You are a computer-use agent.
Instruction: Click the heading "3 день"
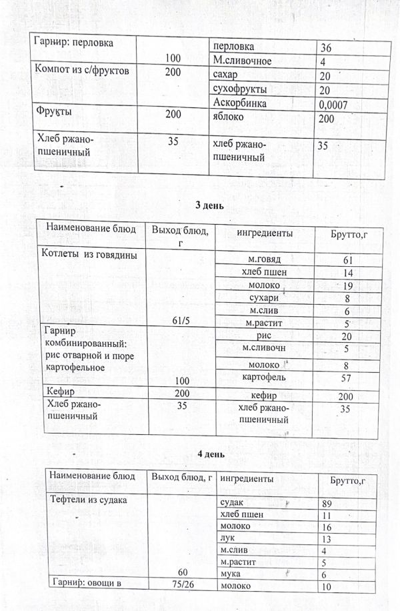pyautogui.click(x=209, y=205)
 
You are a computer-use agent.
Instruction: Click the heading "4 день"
pyautogui.click(x=211, y=454)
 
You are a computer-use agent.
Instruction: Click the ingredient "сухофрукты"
pyautogui.click(x=239, y=89)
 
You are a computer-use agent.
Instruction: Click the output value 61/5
pyautogui.click(x=179, y=321)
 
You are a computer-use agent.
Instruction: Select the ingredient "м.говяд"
pyautogui.click(x=265, y=259)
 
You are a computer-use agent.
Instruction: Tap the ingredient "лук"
pyautogui.click(x=226, y=538)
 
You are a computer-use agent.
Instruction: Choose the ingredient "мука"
pyautogui.click(x=229, y=574)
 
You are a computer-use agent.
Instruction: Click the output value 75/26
pyautogui.click(x=180, y=586)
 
